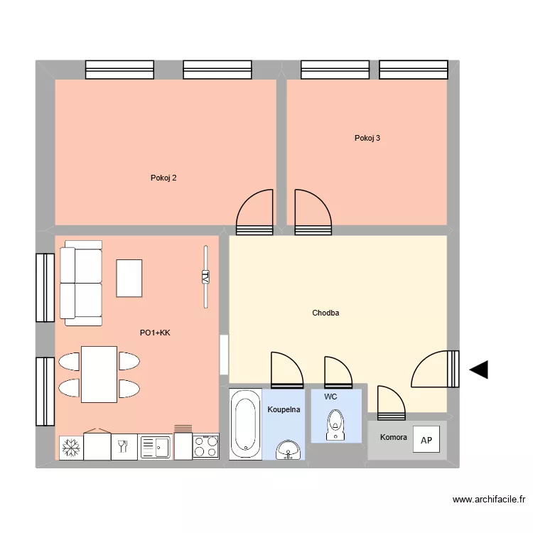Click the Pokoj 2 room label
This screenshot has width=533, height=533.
(x=163, y=178)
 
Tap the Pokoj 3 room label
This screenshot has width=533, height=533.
(x=367, y=138)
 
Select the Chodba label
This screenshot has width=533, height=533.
(x=325, y=313)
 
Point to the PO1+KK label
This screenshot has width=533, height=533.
(x=155, y=332)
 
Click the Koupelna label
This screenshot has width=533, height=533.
(x=284, y=409)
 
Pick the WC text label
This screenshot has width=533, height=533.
(x=330, y=397)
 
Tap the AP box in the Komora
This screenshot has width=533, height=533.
(x=426, y=440)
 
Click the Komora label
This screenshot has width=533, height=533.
(x=394, y=438)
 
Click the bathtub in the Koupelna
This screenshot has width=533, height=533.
(x=245, y=424)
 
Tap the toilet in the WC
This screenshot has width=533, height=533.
(x=335, y=427)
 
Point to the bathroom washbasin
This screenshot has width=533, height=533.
(x=289, y=450)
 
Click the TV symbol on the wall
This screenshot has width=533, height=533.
(x=205, y=277)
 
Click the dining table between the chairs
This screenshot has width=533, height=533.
(x=99, y=375)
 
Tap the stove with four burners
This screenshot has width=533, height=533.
(x=206, y=447)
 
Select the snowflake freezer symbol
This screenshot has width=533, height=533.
(x=70, y=448)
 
